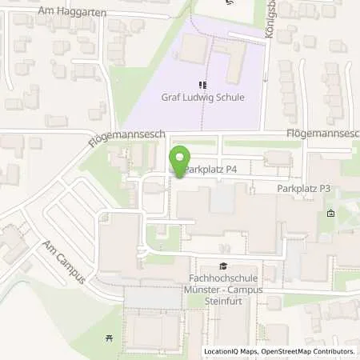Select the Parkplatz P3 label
click(x=303, y=189)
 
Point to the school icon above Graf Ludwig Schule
click(x=203, y=84)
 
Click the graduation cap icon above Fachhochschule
click(x=222, y=268)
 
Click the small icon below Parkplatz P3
click(x=331, y=214)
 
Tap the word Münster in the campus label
click(x=202, y=293)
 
